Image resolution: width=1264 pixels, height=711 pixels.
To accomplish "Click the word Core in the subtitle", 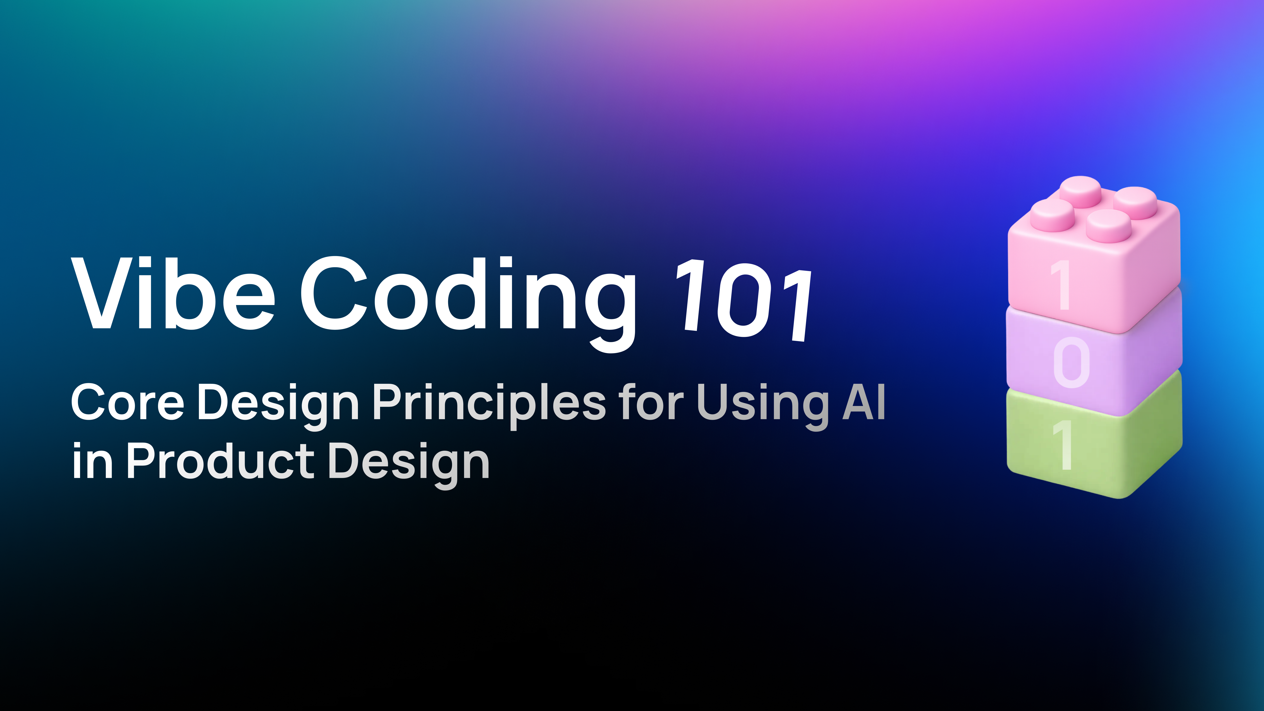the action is [127, 402].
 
